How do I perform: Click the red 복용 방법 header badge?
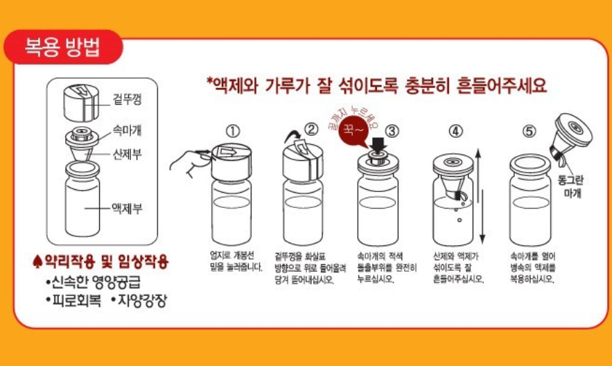62,48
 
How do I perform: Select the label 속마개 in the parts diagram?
127,130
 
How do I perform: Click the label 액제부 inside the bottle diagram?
127,207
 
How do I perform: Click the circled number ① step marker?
232,130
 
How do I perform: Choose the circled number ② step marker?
311,128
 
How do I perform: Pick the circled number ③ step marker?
393,130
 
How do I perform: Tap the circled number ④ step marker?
455,130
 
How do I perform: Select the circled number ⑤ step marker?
529,130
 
